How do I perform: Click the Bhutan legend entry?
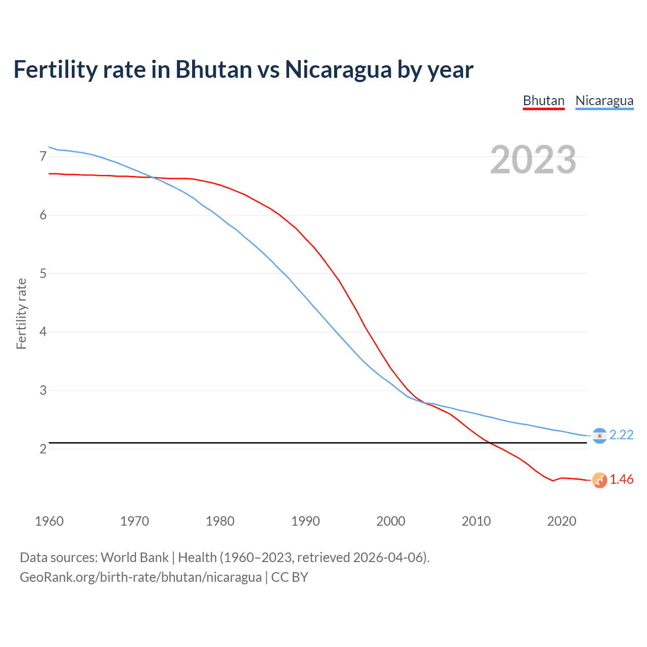click(543, 101)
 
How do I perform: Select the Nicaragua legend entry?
click(604, 101)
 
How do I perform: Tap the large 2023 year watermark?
click(533, 160)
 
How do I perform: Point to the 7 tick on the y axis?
click(43, 157)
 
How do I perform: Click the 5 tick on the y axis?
click(43, 273)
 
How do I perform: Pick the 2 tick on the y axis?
click(43, 449)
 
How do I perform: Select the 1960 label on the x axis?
click(49, 521)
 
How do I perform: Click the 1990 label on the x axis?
click(305, 521)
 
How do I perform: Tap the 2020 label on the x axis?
click(562, 521)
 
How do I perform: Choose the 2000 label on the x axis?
click(391, 521)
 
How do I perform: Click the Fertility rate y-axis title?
click(21, 313)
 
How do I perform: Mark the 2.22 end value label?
click(621, 435)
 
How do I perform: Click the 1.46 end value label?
click(621, 480)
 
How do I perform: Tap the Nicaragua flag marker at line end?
click(599, 436)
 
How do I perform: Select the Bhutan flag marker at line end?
click(599, 480)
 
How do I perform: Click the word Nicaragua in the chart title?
click(338, 69)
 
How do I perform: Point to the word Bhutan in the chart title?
click(214, 69)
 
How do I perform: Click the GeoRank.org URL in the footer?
click(141, 577)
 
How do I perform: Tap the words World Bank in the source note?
click(134, 558)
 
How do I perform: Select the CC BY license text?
click(290, 577)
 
